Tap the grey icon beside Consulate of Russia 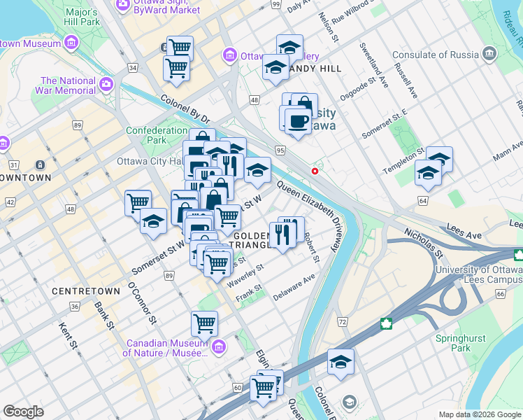(489, 54)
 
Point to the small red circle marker (315, 171)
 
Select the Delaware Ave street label (294, 287)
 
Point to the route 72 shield (342, 321)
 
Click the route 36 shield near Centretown (75, 307)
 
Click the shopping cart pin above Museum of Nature (204, 323)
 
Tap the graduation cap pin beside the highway (341, 361)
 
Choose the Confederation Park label (155, 135)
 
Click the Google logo (23, 412)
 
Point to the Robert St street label (312, 249)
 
